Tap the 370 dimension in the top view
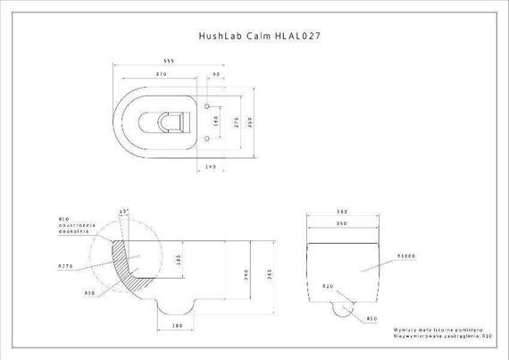tap(162, 74)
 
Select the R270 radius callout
tap(65, 265)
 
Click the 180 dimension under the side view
tap(177, 326)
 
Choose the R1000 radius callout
tap(409, 255)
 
